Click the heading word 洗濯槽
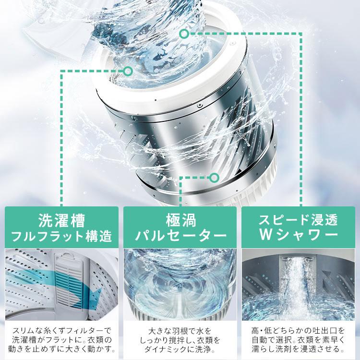point(61,221)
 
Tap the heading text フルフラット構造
point(61,236)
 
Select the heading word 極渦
point(180,221)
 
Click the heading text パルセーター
point(180,236)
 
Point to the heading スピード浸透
point(299,221)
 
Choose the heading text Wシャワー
point(299,236)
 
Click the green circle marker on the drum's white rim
point(128,72)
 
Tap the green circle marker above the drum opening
point(183,34)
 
